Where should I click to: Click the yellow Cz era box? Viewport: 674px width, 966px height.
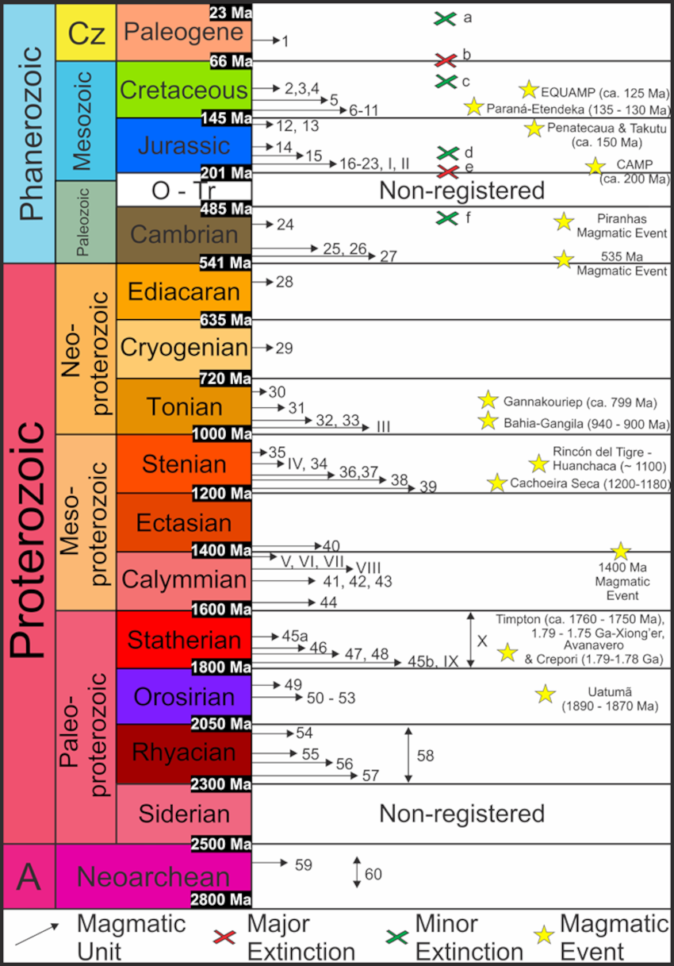point(86,33)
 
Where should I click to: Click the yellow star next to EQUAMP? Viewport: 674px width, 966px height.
point(528,90)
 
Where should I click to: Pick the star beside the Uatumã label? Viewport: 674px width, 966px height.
point(545,694)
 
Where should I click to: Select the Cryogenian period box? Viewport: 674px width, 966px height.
point(182,348)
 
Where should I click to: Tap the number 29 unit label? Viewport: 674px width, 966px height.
point(284,348)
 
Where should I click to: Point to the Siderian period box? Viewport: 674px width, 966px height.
point(182,813)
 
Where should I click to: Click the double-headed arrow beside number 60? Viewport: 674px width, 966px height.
point(357,873)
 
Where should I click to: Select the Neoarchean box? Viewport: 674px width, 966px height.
point(152,876)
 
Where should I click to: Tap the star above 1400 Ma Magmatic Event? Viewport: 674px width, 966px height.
point(620,551)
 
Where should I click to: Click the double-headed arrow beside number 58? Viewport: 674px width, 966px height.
point(408,754)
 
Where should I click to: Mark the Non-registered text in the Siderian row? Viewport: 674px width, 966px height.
point(461,814)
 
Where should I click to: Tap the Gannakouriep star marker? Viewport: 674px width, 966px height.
point(487,400)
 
